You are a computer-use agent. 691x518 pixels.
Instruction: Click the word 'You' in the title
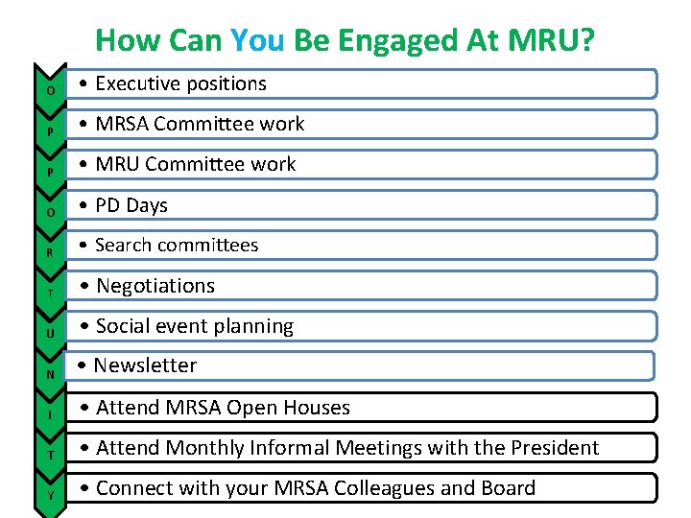[254, 40]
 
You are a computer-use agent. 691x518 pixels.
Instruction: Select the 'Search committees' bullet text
[177, 245]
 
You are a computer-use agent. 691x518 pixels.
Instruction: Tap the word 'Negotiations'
[155, 286]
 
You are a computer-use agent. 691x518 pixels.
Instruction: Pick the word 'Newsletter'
[145, 365]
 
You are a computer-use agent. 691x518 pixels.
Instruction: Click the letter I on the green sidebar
[50, 414]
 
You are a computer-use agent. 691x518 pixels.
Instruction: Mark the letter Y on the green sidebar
[50, 496]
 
